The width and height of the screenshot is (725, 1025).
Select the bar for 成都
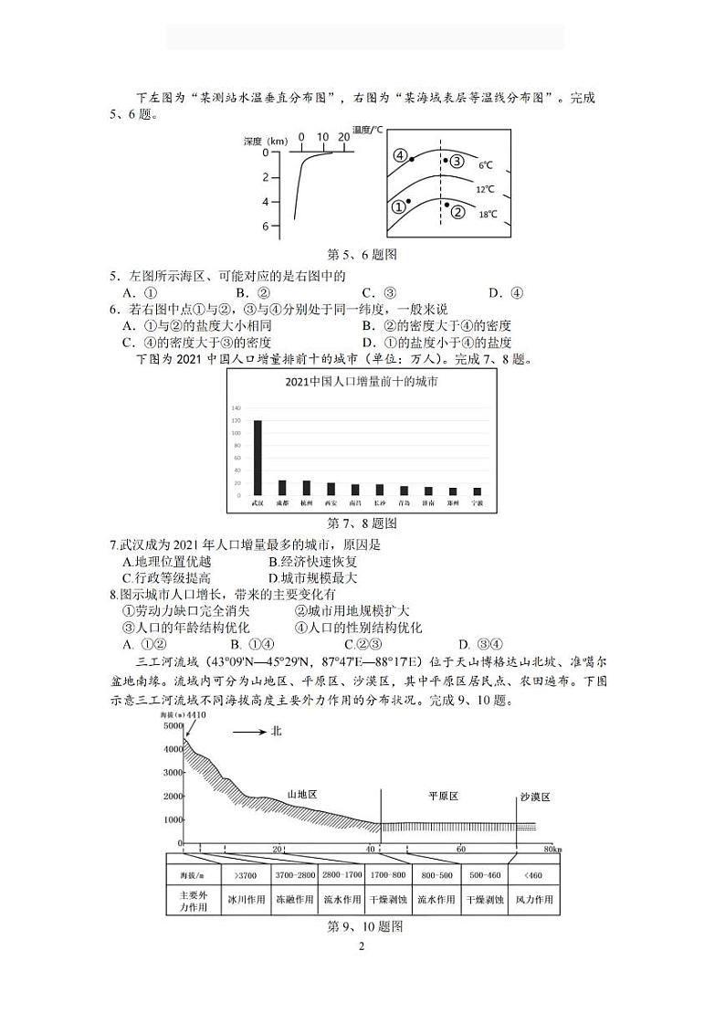pyautogui.click(x=282, y=487)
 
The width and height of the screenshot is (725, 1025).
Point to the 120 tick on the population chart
pyautogui.click(x=235, y=420)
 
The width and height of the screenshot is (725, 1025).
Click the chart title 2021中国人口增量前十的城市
pyautogui.click(x=361, y=382)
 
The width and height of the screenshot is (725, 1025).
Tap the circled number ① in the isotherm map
pyautogui.click(x=398, y=207)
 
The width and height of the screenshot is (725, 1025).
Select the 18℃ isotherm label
pyautogui.click(x=489, y=215)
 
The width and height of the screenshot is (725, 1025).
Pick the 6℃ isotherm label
pyautogui.click(x=485, y=165)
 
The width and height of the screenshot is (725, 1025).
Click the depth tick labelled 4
pyautogui.click(x=266, y=201)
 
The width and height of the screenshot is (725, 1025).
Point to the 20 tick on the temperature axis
pyautogui.click(x=342, y=137)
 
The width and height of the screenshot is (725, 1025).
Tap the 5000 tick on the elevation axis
pyautogui.click(x=172, y=725)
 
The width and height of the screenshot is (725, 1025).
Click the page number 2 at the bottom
pyautogui.click(x=362, y=946)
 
